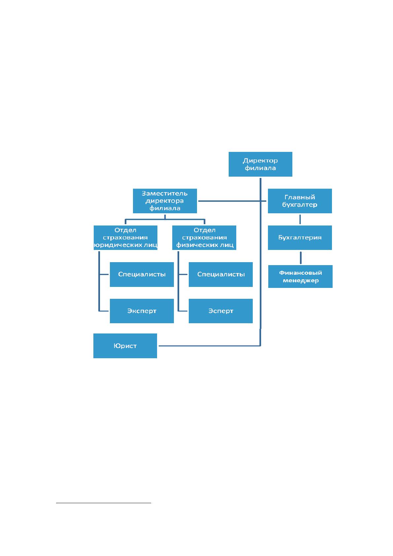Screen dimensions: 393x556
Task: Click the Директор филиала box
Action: [x=260, y=164]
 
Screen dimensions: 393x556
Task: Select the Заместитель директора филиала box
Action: [x=165, y=201]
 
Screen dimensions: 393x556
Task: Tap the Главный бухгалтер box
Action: [x=300, y=201]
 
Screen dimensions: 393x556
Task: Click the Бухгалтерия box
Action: [x=300, y=237]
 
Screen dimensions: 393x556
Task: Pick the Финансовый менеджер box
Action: [x=300, y=276]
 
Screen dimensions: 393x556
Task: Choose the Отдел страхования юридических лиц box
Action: [x=125, y=237]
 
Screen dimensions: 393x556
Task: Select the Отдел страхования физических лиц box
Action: [x=204, y=237]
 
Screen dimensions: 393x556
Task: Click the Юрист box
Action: [x=125, y=346]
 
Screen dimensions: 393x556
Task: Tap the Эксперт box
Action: [x=142, y=311]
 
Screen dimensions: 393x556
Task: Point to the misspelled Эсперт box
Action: [x=220, y=311]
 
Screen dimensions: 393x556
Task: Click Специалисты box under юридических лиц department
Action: [x=142, y=274]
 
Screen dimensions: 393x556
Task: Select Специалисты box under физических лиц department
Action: [x=220, y=274]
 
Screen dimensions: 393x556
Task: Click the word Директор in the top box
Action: [x=260, y=160]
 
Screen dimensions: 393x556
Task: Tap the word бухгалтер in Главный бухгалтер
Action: [x=300, y=205]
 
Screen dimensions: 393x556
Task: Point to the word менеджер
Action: [x=301, y=281]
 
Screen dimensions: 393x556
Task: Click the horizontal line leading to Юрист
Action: [x=210, y=346]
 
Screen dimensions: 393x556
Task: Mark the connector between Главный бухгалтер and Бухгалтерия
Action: [x=300, y=220]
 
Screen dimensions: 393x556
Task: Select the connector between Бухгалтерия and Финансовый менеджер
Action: [x=301, y=258]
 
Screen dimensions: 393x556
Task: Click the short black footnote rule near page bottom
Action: [x=104, y=503]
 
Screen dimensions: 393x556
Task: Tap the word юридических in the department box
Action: [x=118, y=245]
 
